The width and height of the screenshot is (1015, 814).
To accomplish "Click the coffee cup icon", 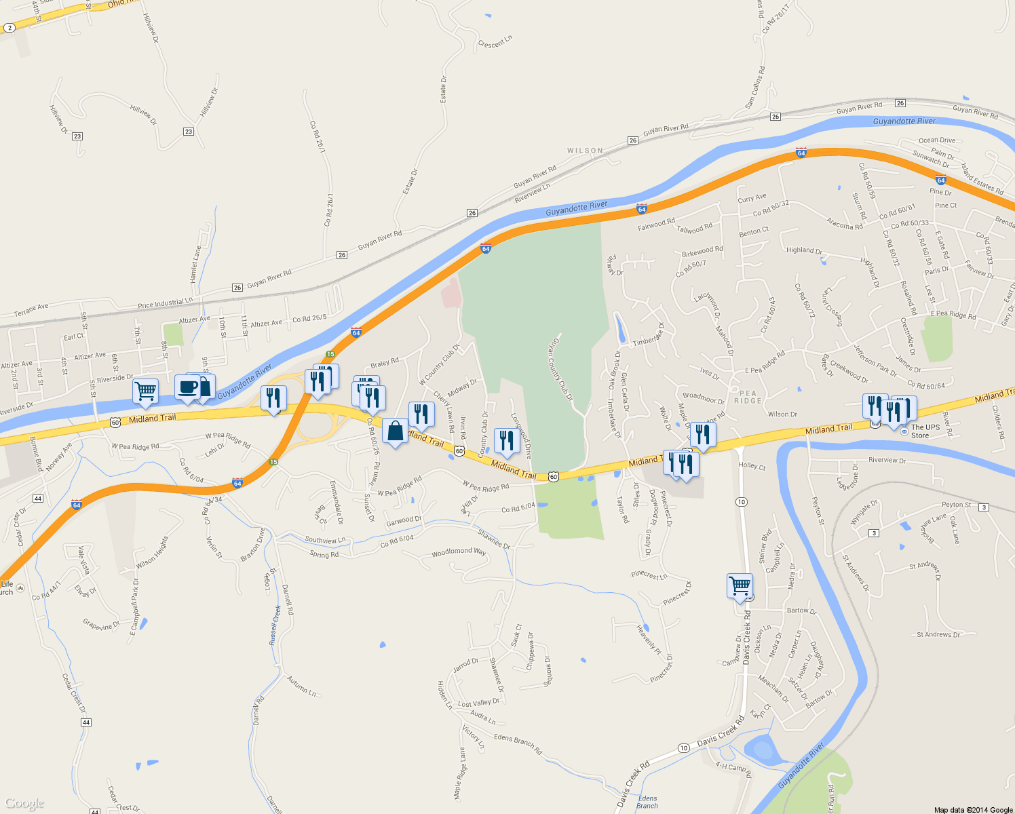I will [187, 387].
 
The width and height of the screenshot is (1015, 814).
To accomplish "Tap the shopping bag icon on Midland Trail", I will [395, 431].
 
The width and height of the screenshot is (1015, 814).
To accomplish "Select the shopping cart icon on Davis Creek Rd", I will [739, 585].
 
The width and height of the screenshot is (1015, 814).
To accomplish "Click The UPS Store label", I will [925, 431].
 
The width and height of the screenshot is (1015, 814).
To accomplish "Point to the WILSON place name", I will [585, 151].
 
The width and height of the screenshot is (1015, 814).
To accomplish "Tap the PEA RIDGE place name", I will [748, 397].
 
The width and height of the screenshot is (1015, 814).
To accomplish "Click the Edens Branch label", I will [647, 802].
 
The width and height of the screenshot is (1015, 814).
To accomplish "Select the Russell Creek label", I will [275, 625].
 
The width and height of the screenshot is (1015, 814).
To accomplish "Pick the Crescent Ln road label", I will [495, 43].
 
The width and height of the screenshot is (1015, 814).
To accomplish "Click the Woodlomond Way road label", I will [459, 552].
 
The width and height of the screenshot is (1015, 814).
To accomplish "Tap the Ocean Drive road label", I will [936, 140].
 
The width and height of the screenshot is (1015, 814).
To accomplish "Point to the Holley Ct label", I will [752, 466].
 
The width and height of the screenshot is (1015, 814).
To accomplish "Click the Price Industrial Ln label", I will [165, 304].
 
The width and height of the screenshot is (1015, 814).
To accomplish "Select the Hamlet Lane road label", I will [195, 265].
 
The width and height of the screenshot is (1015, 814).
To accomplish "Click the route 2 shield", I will [9, 28].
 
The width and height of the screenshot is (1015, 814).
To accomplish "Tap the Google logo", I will [24, 804].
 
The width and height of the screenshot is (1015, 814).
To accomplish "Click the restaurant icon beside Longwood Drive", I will [506, 441].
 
